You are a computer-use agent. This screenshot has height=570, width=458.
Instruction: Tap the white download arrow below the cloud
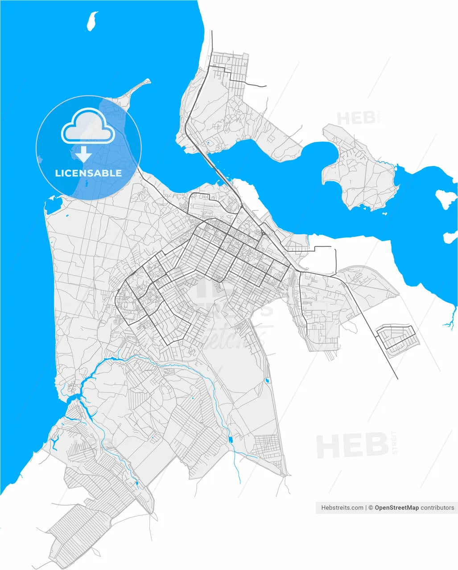(x=83, y=154)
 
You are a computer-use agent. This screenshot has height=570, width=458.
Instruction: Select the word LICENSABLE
(x=88, y=173)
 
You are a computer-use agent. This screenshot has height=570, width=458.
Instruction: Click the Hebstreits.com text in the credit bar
(x=342, y=508)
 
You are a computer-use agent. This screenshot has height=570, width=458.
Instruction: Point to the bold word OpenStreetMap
(x=396, y=508)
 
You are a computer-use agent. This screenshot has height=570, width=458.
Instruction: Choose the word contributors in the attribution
(x=437, y=508)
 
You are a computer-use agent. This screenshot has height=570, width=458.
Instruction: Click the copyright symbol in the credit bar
(x=371, y=508)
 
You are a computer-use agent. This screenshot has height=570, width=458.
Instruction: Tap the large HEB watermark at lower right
(x=352, y=446)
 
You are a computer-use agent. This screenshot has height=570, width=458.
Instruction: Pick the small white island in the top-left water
(x=92, y=21)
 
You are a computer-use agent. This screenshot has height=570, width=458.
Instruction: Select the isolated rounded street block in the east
(x=397, y=341)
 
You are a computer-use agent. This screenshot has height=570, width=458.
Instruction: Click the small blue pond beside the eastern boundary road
(x=267, y=381)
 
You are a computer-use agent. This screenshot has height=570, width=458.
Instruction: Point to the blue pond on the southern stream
(x=231, y=440)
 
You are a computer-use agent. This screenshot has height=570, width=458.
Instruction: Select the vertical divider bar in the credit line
(x=366, y=508)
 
